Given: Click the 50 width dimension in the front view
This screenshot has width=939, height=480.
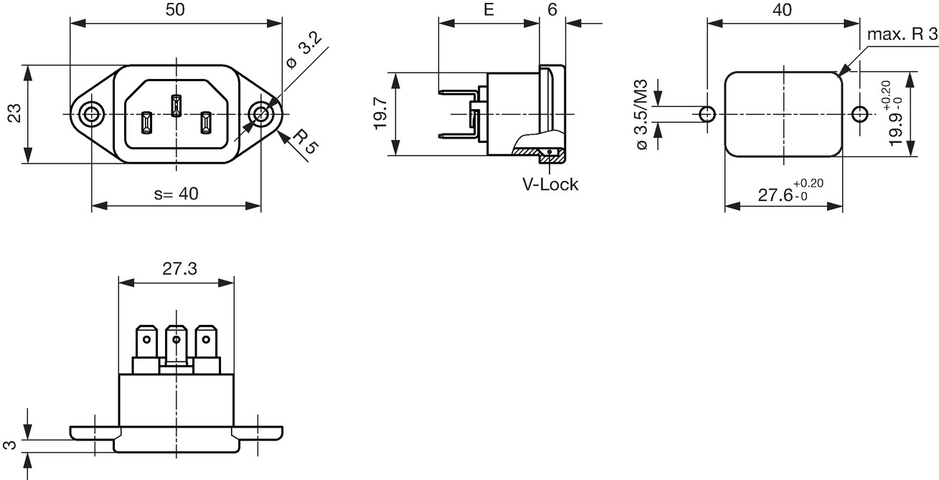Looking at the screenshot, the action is point(175,9).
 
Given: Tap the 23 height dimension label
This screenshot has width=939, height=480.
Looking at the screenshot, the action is point(14,113).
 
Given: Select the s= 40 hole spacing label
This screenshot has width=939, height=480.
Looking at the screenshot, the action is point(176,194).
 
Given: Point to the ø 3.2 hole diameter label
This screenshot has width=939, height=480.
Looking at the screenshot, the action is point(304,50).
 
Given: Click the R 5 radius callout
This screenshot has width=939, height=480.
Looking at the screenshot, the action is point(305,141).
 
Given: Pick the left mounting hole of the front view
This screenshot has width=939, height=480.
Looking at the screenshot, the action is point(91,113).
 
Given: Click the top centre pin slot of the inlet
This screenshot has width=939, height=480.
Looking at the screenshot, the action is point(176,105).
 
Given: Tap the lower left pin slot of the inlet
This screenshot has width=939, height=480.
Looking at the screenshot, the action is point(146,123).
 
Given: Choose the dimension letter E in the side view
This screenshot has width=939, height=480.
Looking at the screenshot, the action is point(489,9).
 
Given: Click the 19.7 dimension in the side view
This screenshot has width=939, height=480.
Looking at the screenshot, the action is point(381,113).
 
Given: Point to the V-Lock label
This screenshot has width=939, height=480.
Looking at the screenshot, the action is point(550,184).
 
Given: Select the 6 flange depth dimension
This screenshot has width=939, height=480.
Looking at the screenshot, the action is point(552,9).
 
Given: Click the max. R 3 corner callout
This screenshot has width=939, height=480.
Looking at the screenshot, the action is point(902,34).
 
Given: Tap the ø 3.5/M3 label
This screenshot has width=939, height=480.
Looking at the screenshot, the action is point(641,115).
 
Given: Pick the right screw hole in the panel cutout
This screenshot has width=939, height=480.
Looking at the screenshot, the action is point(860,114).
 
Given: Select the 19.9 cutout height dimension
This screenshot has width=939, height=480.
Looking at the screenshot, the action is point(893,113).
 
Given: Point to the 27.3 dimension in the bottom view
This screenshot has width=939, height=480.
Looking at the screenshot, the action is point(179,269).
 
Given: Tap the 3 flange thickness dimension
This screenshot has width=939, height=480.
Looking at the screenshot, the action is point(9,445).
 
